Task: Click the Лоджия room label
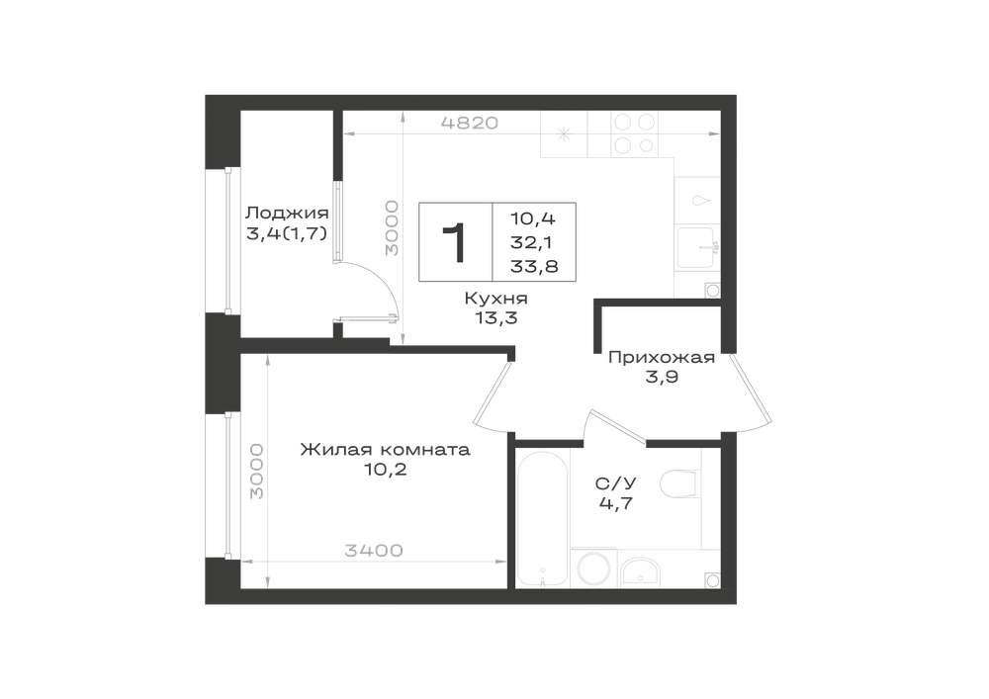[287, 213]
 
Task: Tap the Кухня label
[495, 299]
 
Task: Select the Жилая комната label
[385, 450]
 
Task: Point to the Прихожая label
[661, 358]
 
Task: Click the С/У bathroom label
[615, 483]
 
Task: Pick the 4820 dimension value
[470, 123]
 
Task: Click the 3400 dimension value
[374, 551]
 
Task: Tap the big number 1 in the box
[454, 242]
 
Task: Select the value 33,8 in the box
[534, 267]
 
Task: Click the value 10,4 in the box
[533, 218]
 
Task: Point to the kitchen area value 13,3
[496, 317]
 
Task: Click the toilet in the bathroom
[680, 483]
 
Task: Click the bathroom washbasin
[640, 572]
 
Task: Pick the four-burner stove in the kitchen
[634, 133]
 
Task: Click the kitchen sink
[696, 248]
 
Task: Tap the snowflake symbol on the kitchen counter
[564, 133]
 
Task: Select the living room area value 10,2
[385, 469]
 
